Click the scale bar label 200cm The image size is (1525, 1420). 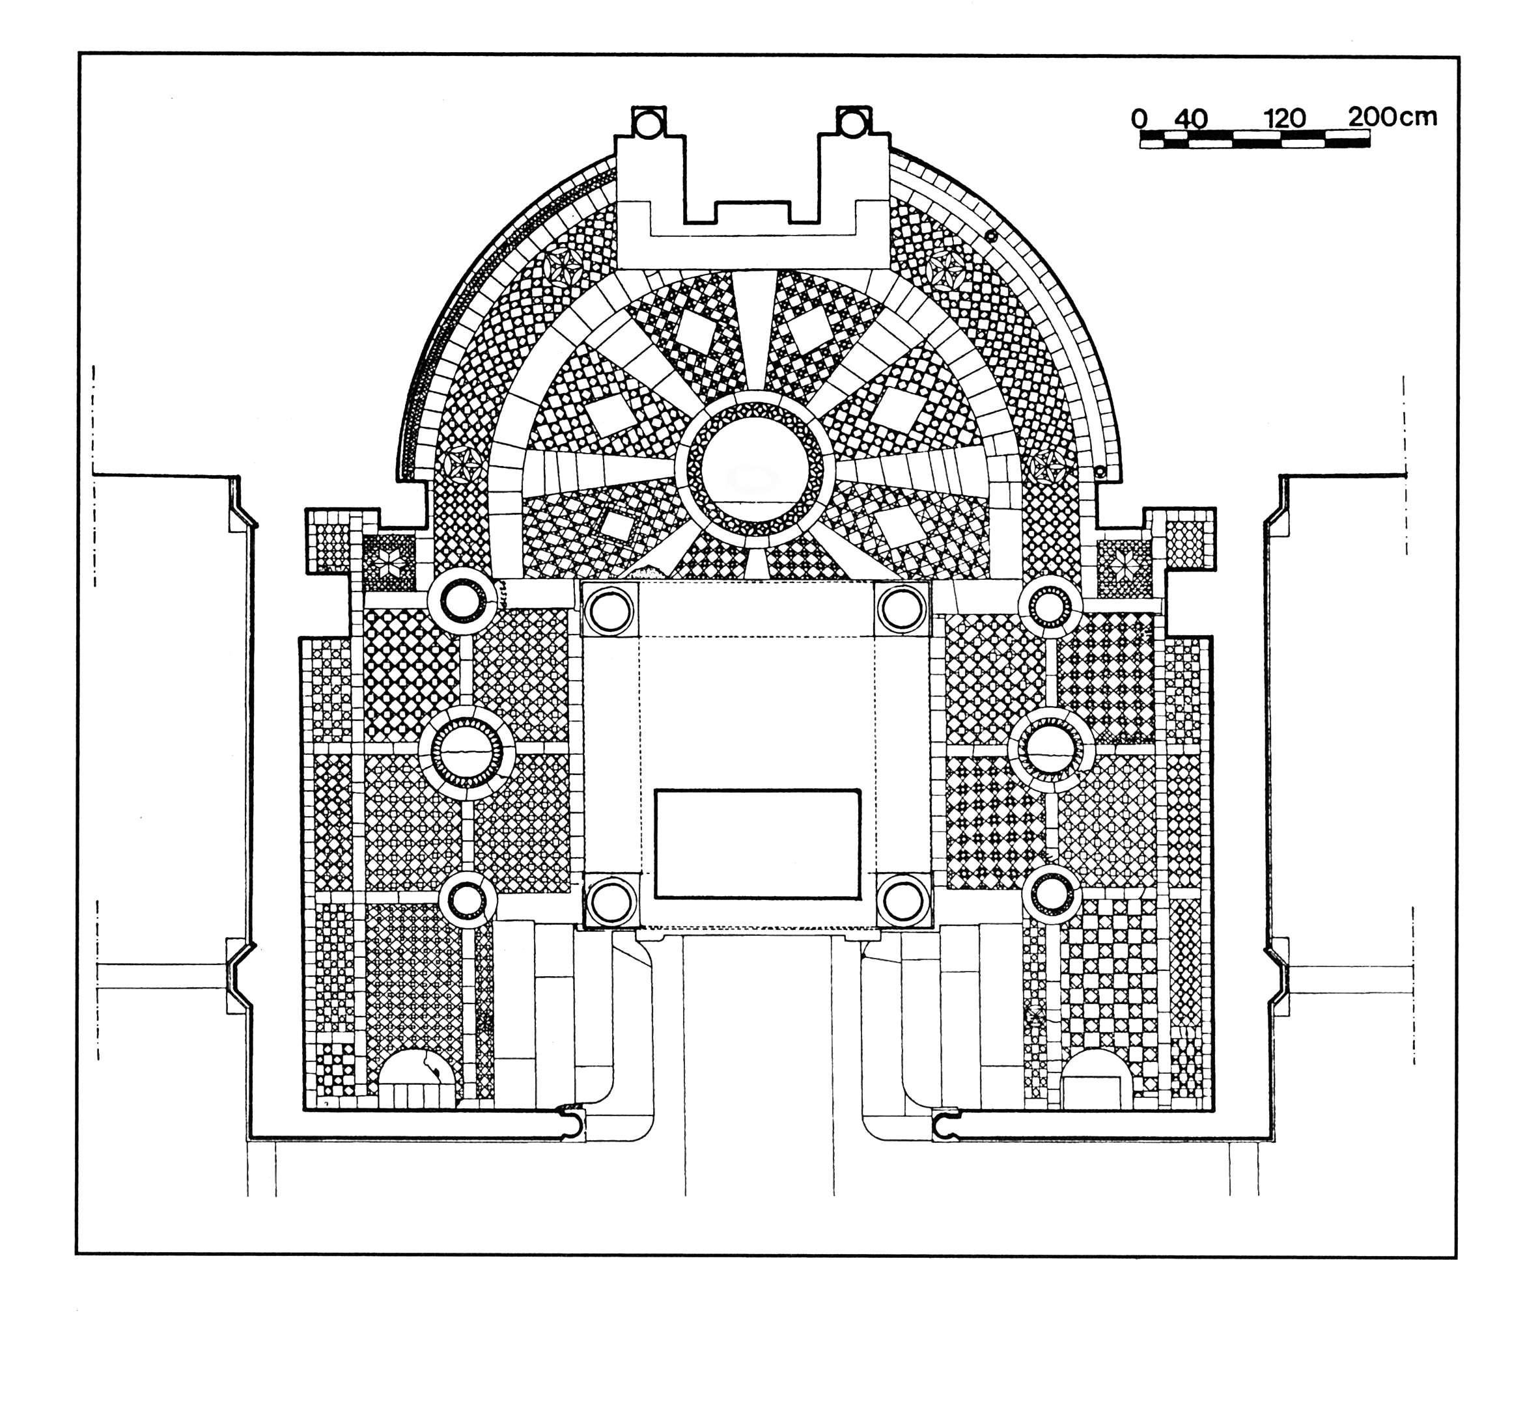[1392, 116]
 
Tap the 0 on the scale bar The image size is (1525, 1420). [1139, 119]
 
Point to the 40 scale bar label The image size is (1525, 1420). [1190, 119]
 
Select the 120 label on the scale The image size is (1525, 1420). [1285, 119]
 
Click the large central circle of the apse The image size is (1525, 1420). [755, 471]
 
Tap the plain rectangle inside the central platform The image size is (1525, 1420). [757, 843]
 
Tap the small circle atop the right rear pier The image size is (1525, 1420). [852, 124]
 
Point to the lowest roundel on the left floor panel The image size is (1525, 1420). [467, 901]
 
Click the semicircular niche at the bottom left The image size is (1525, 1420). [413, 1079]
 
